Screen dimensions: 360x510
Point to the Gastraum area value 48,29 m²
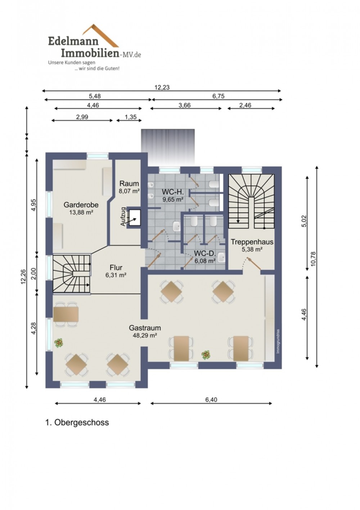point(145,335)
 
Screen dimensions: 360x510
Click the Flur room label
point(116,267)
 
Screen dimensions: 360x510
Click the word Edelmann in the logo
point(73,41)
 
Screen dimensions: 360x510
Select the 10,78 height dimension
point(313,258)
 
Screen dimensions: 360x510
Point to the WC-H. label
point(173,192)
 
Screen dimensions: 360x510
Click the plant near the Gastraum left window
point(59,343)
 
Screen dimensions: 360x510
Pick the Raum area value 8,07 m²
point(129,191)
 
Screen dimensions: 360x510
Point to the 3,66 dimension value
point(185,105)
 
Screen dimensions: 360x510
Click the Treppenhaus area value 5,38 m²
point(252,249)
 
